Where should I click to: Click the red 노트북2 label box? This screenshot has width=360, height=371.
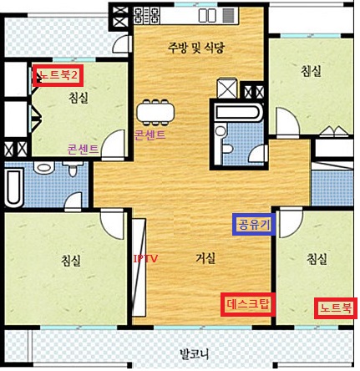(58, 75)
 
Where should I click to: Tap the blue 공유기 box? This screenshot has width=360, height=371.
(254, 225)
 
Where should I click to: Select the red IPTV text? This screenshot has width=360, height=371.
(145, 259)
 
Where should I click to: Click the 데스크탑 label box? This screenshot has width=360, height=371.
(248, 304)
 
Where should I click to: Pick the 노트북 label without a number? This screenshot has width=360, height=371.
(336, 308)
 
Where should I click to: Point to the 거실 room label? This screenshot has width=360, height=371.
(205, 258)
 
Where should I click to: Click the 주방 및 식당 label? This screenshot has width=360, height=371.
(196, 48)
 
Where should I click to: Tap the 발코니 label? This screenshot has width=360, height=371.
(194, 354)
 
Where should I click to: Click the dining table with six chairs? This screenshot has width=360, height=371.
(155, 112)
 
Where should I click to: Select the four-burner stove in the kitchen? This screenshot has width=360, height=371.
(147, 15)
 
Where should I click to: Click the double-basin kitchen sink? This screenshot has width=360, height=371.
(207, 15)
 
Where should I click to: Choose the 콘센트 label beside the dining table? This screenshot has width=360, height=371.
(150, 135)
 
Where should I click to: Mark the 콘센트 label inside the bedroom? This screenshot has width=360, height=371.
(83, 150)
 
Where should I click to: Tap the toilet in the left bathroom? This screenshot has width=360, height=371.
(73, 170)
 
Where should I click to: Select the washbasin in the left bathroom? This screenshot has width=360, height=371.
(43, 168)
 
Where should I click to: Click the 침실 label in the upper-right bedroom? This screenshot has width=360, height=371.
(311, 71)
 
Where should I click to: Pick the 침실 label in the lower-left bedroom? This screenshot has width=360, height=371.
(71, 261)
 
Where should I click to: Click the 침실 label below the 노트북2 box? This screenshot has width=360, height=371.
(79, 98)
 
